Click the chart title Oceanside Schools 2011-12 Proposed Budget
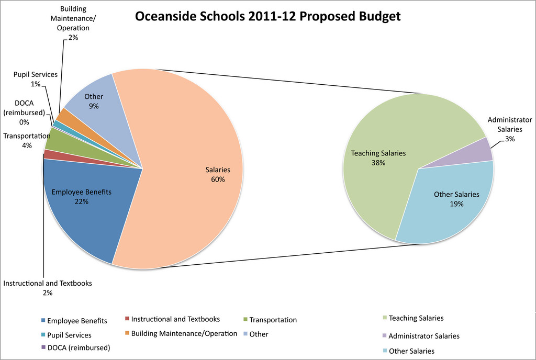tap(267, 16)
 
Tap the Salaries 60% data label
tap(217, 175)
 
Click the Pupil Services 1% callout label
tap(36, 79)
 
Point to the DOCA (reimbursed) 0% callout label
tap(24, 112)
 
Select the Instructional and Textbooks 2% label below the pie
tap(48, 288)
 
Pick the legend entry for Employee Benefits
tap(74, 321)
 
